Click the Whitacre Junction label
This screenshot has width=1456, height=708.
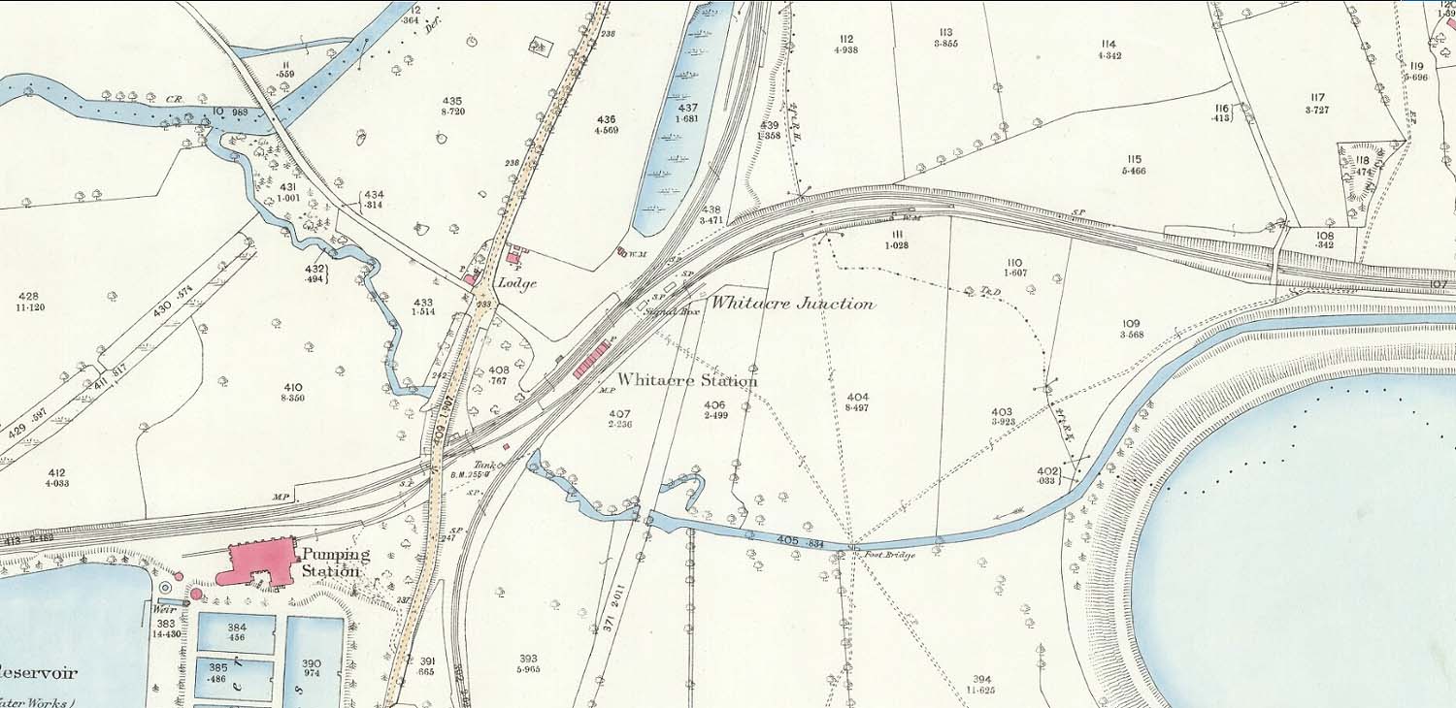(x=792, y=303)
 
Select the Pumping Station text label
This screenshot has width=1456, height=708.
(x=335, y=563)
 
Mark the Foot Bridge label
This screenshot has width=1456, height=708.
(x=894, y=556)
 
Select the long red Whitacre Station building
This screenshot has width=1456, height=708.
(x=592, y=358)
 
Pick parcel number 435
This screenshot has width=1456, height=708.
(x=451, y=101)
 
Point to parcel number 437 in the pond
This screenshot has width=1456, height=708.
(x=687, y=108)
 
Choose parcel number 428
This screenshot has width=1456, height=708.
(x=29, y=296)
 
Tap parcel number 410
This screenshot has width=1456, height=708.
(x=293, y=387)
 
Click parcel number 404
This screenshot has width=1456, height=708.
(x=857, y=397)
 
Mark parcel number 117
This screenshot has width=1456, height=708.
(x=1316, y=97)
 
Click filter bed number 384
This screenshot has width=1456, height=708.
(x=236, y=628)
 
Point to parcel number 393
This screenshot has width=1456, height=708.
(x=529, y=659)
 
